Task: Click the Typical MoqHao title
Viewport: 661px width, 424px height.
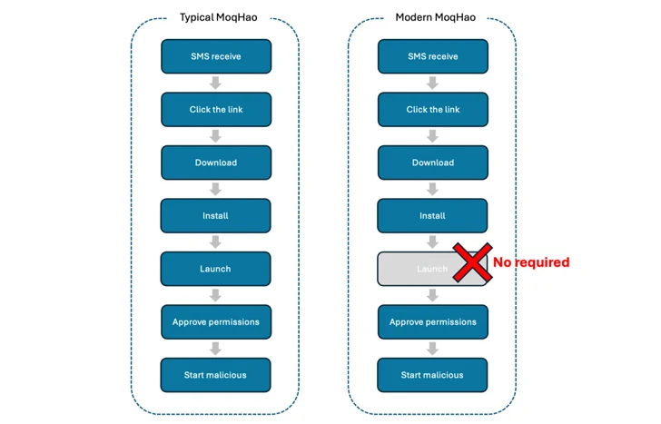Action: (215, 17)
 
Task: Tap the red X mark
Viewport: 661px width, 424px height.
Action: (471, 262)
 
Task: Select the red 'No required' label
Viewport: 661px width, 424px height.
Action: (531, 262)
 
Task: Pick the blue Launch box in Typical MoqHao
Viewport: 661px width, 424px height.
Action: (215, 269)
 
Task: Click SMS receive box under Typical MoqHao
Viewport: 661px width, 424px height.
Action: (215, 56)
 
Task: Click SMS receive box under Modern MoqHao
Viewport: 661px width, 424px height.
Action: (432, 56)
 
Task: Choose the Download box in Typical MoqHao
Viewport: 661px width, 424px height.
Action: (215, 163)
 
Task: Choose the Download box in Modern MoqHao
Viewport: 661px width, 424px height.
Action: (432, 163)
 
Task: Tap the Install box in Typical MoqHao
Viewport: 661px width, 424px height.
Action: (215, 216)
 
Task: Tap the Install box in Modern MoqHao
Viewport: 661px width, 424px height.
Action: (432, 216)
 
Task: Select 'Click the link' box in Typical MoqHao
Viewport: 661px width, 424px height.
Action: (215, 110)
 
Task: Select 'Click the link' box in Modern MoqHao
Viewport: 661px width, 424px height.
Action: (432, 110)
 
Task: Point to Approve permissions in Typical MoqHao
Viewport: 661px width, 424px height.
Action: (215, 321)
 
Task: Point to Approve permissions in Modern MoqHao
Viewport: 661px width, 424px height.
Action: (432, 321)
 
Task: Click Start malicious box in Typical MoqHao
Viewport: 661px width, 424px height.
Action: (215, 375)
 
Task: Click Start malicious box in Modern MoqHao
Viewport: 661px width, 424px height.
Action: (432, 375)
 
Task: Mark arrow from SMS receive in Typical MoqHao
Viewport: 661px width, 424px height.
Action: (215, 83)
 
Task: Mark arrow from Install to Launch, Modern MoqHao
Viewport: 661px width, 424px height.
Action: (432, 242)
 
